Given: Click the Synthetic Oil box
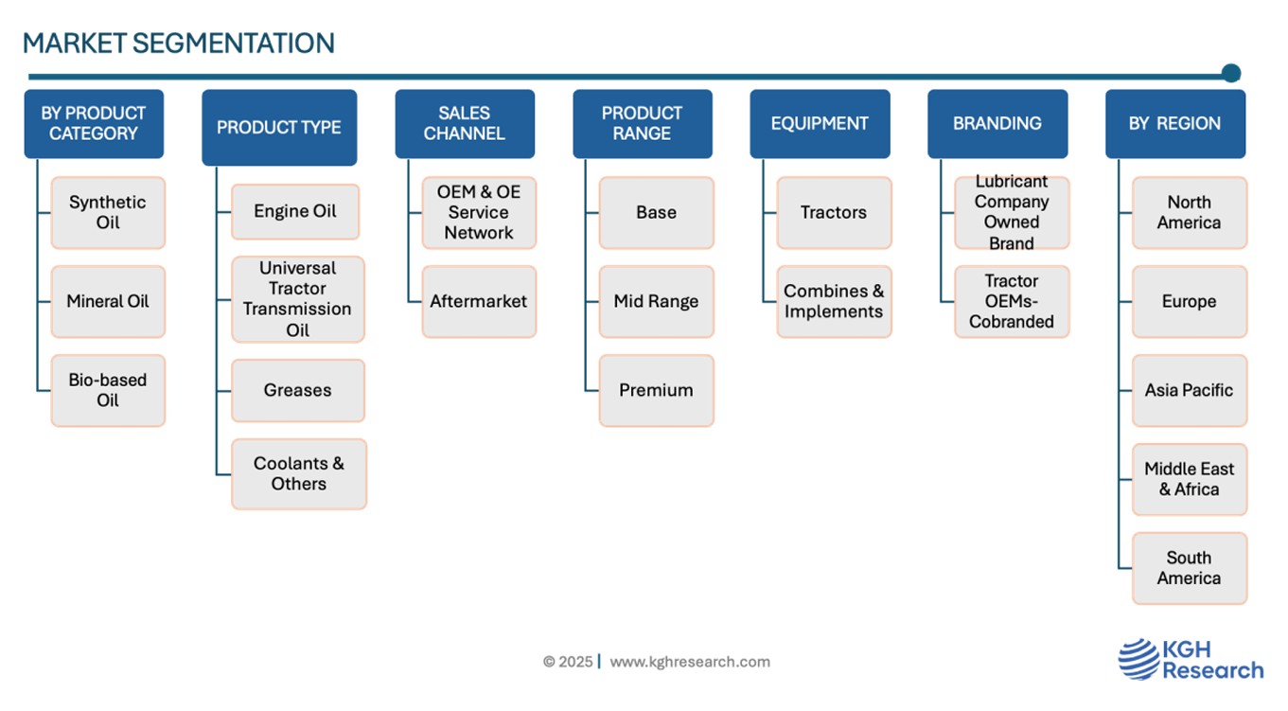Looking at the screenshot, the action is coord(108,213).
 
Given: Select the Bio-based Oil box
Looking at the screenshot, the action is coord(108,391).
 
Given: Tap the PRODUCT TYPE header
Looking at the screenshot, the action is coord(279,127).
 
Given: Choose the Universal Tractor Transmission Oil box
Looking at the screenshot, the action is coord(298,299).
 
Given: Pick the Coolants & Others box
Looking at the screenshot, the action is coord(299,474).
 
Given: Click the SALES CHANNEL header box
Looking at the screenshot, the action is coord(465,124).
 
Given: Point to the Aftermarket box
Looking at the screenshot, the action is coord(479,301).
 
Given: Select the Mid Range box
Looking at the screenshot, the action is coord(656,301).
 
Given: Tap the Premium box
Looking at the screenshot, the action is coord(656,391).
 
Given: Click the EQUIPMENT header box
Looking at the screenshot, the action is coord(820,124).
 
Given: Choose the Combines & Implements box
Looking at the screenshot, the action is coord(834,301).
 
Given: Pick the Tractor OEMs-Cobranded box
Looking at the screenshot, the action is coord(1012,301).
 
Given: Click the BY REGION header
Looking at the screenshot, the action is coord(1175,124).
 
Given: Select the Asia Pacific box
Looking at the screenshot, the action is coord(1189,391).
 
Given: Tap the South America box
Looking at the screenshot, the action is coord(1189,568).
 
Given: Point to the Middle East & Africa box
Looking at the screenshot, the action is coord(1189,479).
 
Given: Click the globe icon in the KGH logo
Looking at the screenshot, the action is coord(1138,659).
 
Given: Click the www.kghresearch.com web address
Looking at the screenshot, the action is coord(690,662).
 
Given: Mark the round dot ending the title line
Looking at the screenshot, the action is coord(1231,73).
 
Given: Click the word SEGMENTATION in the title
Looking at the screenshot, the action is coord(234,44).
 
